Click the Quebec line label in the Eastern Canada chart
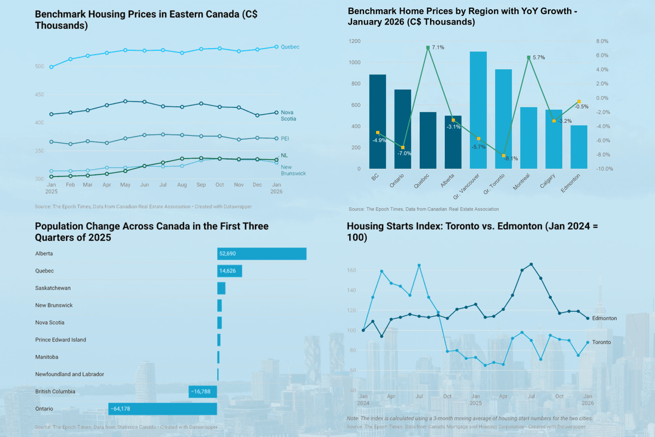pos(289,47)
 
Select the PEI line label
pos(285,138)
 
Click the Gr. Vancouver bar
pos(478,110)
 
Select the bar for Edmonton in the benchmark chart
pos(579,147)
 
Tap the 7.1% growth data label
pos(438,48)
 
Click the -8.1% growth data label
pos(511,159)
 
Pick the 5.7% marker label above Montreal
pos(538,57)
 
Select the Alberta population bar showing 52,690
pos(261,254)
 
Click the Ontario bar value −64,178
pos(126,409)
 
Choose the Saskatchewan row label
pos(53,288)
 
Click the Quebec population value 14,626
pos(230,271)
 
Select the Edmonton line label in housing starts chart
pos(605,318)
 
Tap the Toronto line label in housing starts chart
pos(602,342)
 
